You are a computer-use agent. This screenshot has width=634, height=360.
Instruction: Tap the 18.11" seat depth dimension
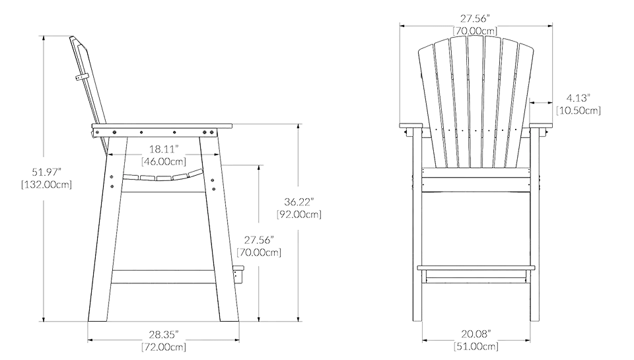pyautogui.click(x=163, y=149)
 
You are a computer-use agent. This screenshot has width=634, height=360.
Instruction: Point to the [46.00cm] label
pyautogui.click(x=163, y=161)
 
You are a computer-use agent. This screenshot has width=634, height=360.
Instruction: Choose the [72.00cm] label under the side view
pyautogui.click(x=162, y=346)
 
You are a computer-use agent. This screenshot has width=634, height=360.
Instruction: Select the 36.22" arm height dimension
pyautogui.click(x=299, y=201)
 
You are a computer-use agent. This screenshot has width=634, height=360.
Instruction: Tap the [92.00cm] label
pyautogui.click(x=299, y=213)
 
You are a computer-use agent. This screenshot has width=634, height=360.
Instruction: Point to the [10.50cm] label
pyautogui.click(x=579, y=111)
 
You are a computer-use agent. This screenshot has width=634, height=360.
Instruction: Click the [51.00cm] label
pyautogui.click(x=475, y=346)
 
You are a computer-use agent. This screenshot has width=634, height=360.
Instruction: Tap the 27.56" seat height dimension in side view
pyautogui.click(x=259, y=239)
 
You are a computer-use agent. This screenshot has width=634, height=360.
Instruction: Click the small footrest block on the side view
pyautogui.click(x=239, y=272)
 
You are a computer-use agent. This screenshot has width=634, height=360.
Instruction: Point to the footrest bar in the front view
pyautogui.click(x=475, y=270)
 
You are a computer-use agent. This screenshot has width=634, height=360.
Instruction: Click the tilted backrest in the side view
pyautogui.click(x=88, y=83)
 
